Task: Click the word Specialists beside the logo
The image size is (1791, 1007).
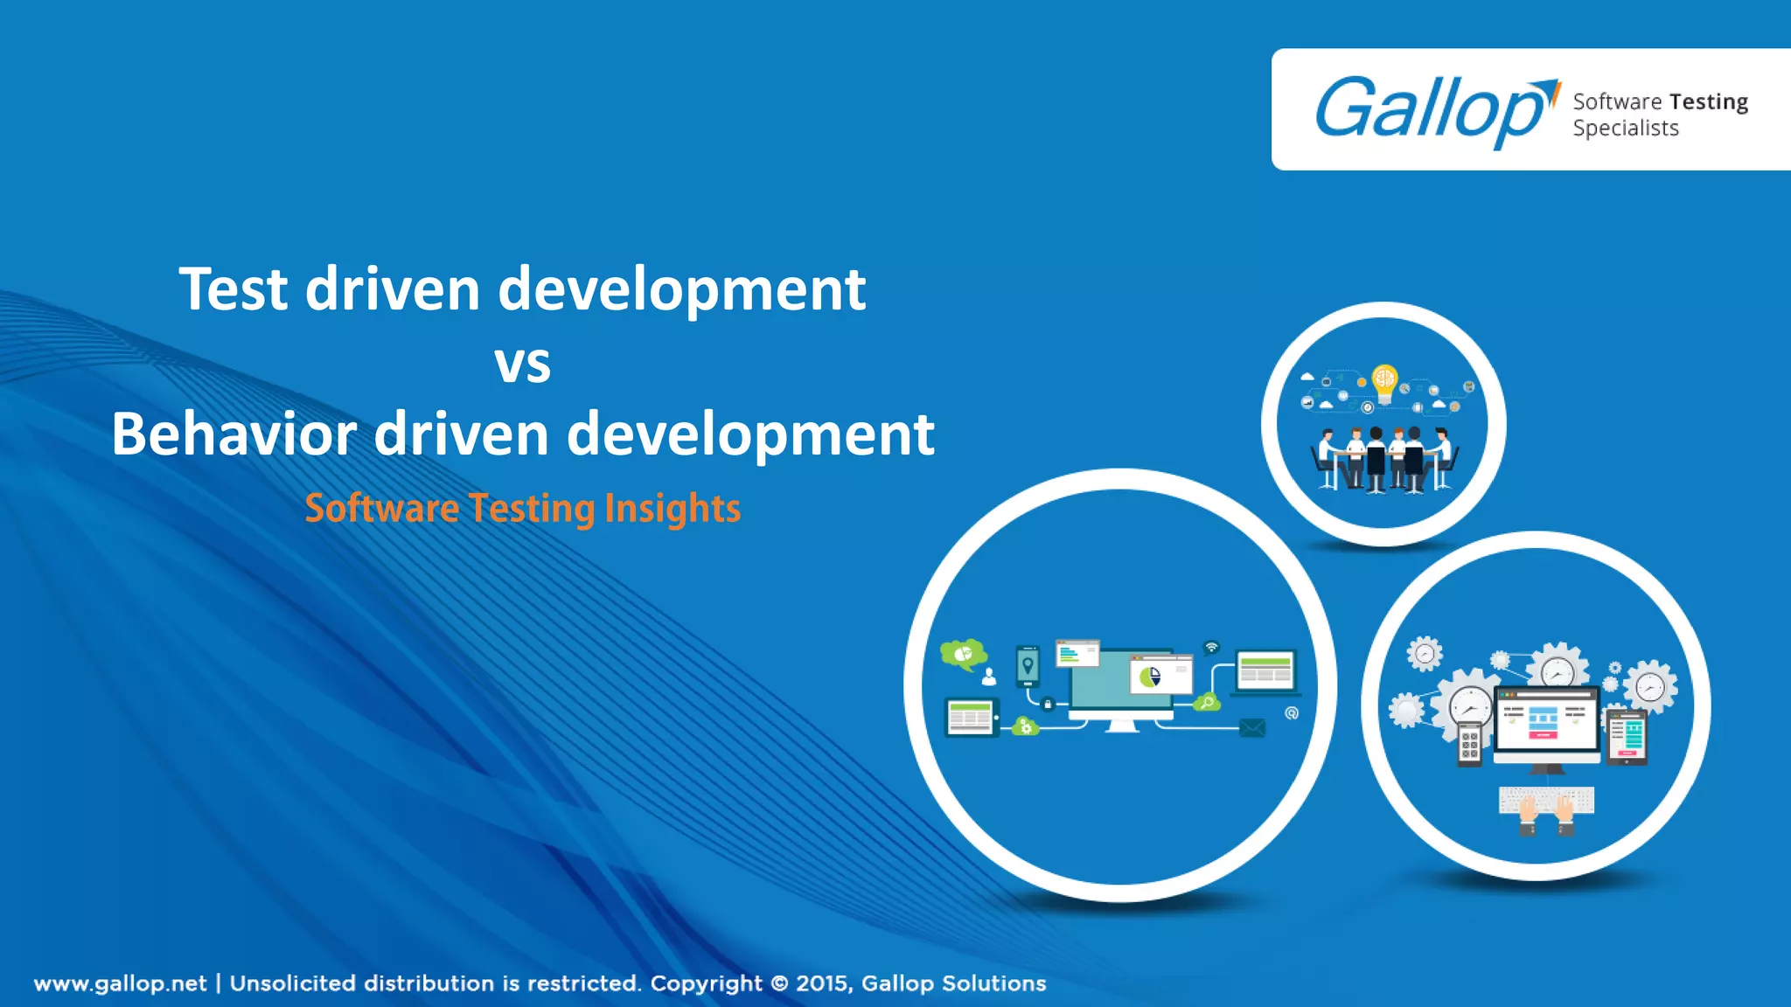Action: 1626,128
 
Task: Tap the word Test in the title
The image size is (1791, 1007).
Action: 233,289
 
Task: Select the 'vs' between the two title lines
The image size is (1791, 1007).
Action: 523,364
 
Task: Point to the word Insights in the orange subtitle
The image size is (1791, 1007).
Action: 672,509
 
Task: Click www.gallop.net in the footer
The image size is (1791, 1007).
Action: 121,983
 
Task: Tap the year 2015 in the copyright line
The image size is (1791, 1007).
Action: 821,983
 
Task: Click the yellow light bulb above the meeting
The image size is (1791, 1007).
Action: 1384,380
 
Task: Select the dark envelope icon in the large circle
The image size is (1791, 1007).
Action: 1252,727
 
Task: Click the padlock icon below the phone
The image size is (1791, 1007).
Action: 1048,703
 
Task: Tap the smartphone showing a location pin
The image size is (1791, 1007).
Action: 1028,666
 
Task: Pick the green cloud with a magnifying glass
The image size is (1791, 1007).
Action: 1208,702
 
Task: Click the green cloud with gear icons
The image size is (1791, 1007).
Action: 1025,726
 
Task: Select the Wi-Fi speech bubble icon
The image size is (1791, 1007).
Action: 1211,648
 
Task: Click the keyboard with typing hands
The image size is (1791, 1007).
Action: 1546,802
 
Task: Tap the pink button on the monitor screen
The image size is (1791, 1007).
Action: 1543,735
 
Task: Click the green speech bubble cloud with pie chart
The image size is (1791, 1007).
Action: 963,653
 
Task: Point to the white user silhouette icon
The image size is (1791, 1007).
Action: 989,676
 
